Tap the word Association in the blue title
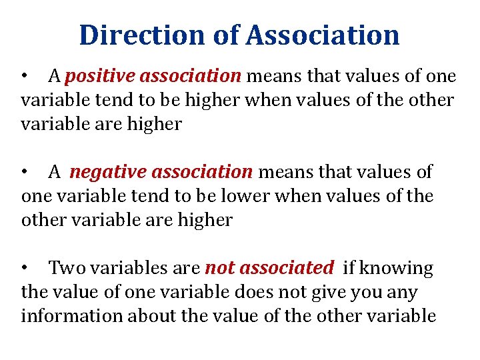pyautogui.click(x=322, y=35)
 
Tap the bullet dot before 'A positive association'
pyautogui.click(x=25, y=77)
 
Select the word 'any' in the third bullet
pyautogui.click(x=403, y=293)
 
